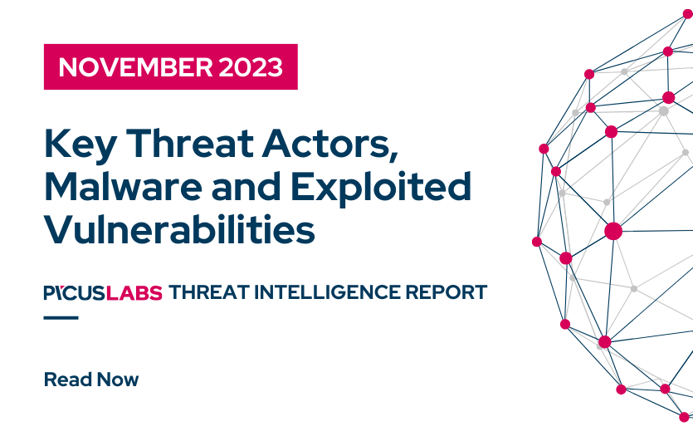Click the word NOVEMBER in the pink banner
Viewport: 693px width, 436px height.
pyautogui.click(x=135, y=67)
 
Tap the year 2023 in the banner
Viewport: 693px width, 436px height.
pyautogui.click(x=251, y=67)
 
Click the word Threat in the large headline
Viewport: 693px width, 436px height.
pyautogui.click(x=190, y=144)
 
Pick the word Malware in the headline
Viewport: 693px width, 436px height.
pyautogui.click(x=124, y=187)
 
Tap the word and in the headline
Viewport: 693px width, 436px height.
pyautogui.click(x=246, y=187)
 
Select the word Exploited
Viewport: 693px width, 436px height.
pyautogui.click(x=381, y=189)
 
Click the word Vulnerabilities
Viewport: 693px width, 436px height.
pyautogui.click(x=179, y=229)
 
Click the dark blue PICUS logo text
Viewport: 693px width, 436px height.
pyautogui.click(x=75, y=292)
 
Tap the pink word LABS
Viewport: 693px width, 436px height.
pyautogui.click(x=134, y=292)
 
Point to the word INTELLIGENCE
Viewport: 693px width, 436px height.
pyautogui.click(x=328, y=292)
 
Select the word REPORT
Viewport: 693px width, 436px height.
pyautogui.click(x=447, y=292)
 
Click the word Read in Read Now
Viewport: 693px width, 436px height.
pyautogui.click(x=68, y=380)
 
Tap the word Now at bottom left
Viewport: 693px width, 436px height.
pyautogui.click(x=118, y=380)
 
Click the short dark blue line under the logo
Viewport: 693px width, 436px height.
pyautogui.click(x=61, y=317)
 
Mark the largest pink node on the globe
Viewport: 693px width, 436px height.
pyautogui.click(x=613, y=231)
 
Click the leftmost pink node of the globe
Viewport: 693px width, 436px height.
pyautogui.click(x=537, y=242)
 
